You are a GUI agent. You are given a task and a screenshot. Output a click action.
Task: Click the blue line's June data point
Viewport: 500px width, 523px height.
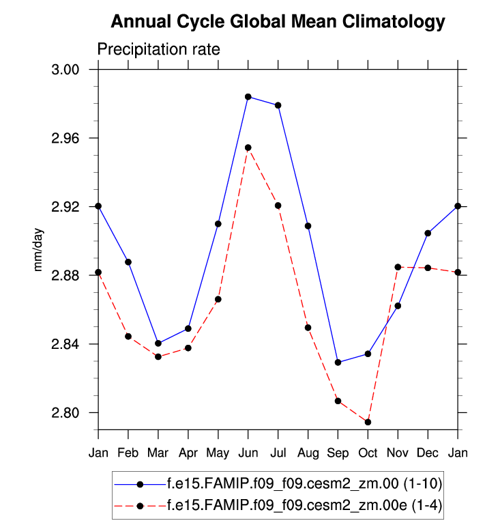pos(248,97)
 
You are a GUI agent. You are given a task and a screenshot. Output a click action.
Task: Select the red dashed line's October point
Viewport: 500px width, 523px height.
pos(368,422)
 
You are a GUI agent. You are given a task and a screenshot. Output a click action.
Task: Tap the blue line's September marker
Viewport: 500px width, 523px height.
pos(338,362)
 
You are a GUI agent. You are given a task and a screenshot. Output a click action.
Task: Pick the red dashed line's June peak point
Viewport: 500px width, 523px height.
pos(248,147)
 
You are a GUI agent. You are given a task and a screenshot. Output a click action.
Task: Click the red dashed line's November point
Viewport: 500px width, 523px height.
pos(398,266)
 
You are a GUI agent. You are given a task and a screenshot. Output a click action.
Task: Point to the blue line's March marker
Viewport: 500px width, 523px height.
pos(158,343)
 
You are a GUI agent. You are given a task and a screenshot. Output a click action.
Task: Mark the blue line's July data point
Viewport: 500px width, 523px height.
pos(278,105)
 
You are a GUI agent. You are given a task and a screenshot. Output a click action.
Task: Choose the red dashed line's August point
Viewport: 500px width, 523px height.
pos(308,328)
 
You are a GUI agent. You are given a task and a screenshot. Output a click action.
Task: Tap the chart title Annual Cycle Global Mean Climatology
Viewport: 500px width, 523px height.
pos(278,22)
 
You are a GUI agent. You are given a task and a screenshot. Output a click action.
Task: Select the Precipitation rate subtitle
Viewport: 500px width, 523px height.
pos(158,50)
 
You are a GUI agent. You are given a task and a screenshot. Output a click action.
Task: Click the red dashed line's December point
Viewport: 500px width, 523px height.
pos(428,268)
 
